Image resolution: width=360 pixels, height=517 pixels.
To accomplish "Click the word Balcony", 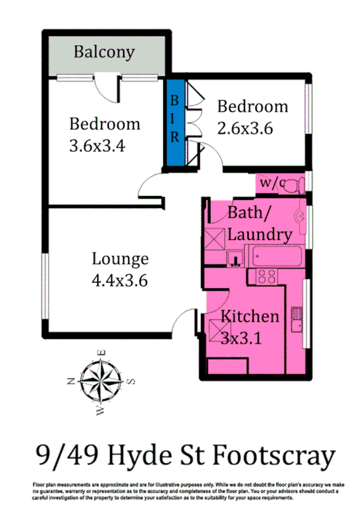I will click(104, 52).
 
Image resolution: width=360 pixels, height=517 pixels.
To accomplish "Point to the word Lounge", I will click(120, 258).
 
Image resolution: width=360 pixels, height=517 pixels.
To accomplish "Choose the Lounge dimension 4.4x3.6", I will click(120, 280).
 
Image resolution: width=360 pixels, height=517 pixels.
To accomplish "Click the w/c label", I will click(272, 183).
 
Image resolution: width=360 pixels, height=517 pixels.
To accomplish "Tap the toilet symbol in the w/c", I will click(297, 184).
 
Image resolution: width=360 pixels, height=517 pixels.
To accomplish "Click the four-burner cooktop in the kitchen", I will click(265, 276).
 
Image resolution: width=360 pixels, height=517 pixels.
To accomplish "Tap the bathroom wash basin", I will click(299, 215).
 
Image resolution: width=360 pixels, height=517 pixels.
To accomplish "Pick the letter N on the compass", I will click(72, 382).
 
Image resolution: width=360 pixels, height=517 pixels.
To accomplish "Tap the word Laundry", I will click(260, 234).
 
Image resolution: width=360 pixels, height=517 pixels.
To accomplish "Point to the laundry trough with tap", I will click(235, 257).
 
